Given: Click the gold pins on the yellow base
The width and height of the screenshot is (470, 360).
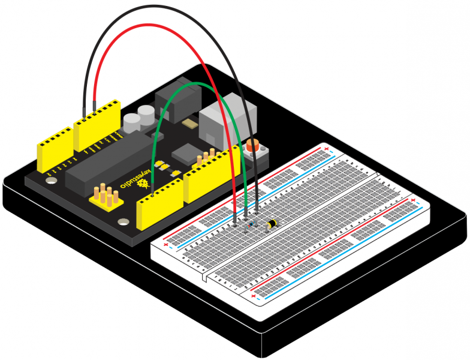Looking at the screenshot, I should tap(106, 196).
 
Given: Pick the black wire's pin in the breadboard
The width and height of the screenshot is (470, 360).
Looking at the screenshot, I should tap(258, 210).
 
